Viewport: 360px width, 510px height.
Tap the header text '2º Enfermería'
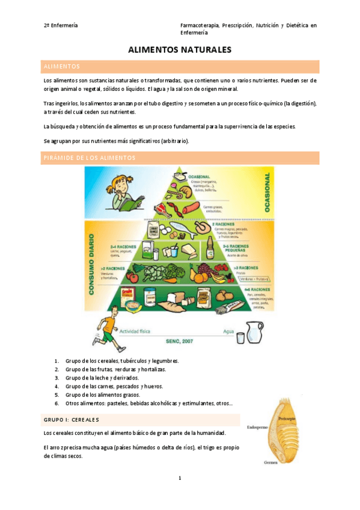[x=61, y=26]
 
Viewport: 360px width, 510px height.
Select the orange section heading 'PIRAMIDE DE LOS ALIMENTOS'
[x=90, y=158]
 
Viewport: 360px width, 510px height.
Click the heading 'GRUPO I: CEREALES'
[x=72, y=419]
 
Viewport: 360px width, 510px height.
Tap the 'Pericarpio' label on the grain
[x=286, y=416]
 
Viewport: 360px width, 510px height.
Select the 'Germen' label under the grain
[x=270, y=462]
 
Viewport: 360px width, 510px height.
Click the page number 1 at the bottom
[x=180, y=478]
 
